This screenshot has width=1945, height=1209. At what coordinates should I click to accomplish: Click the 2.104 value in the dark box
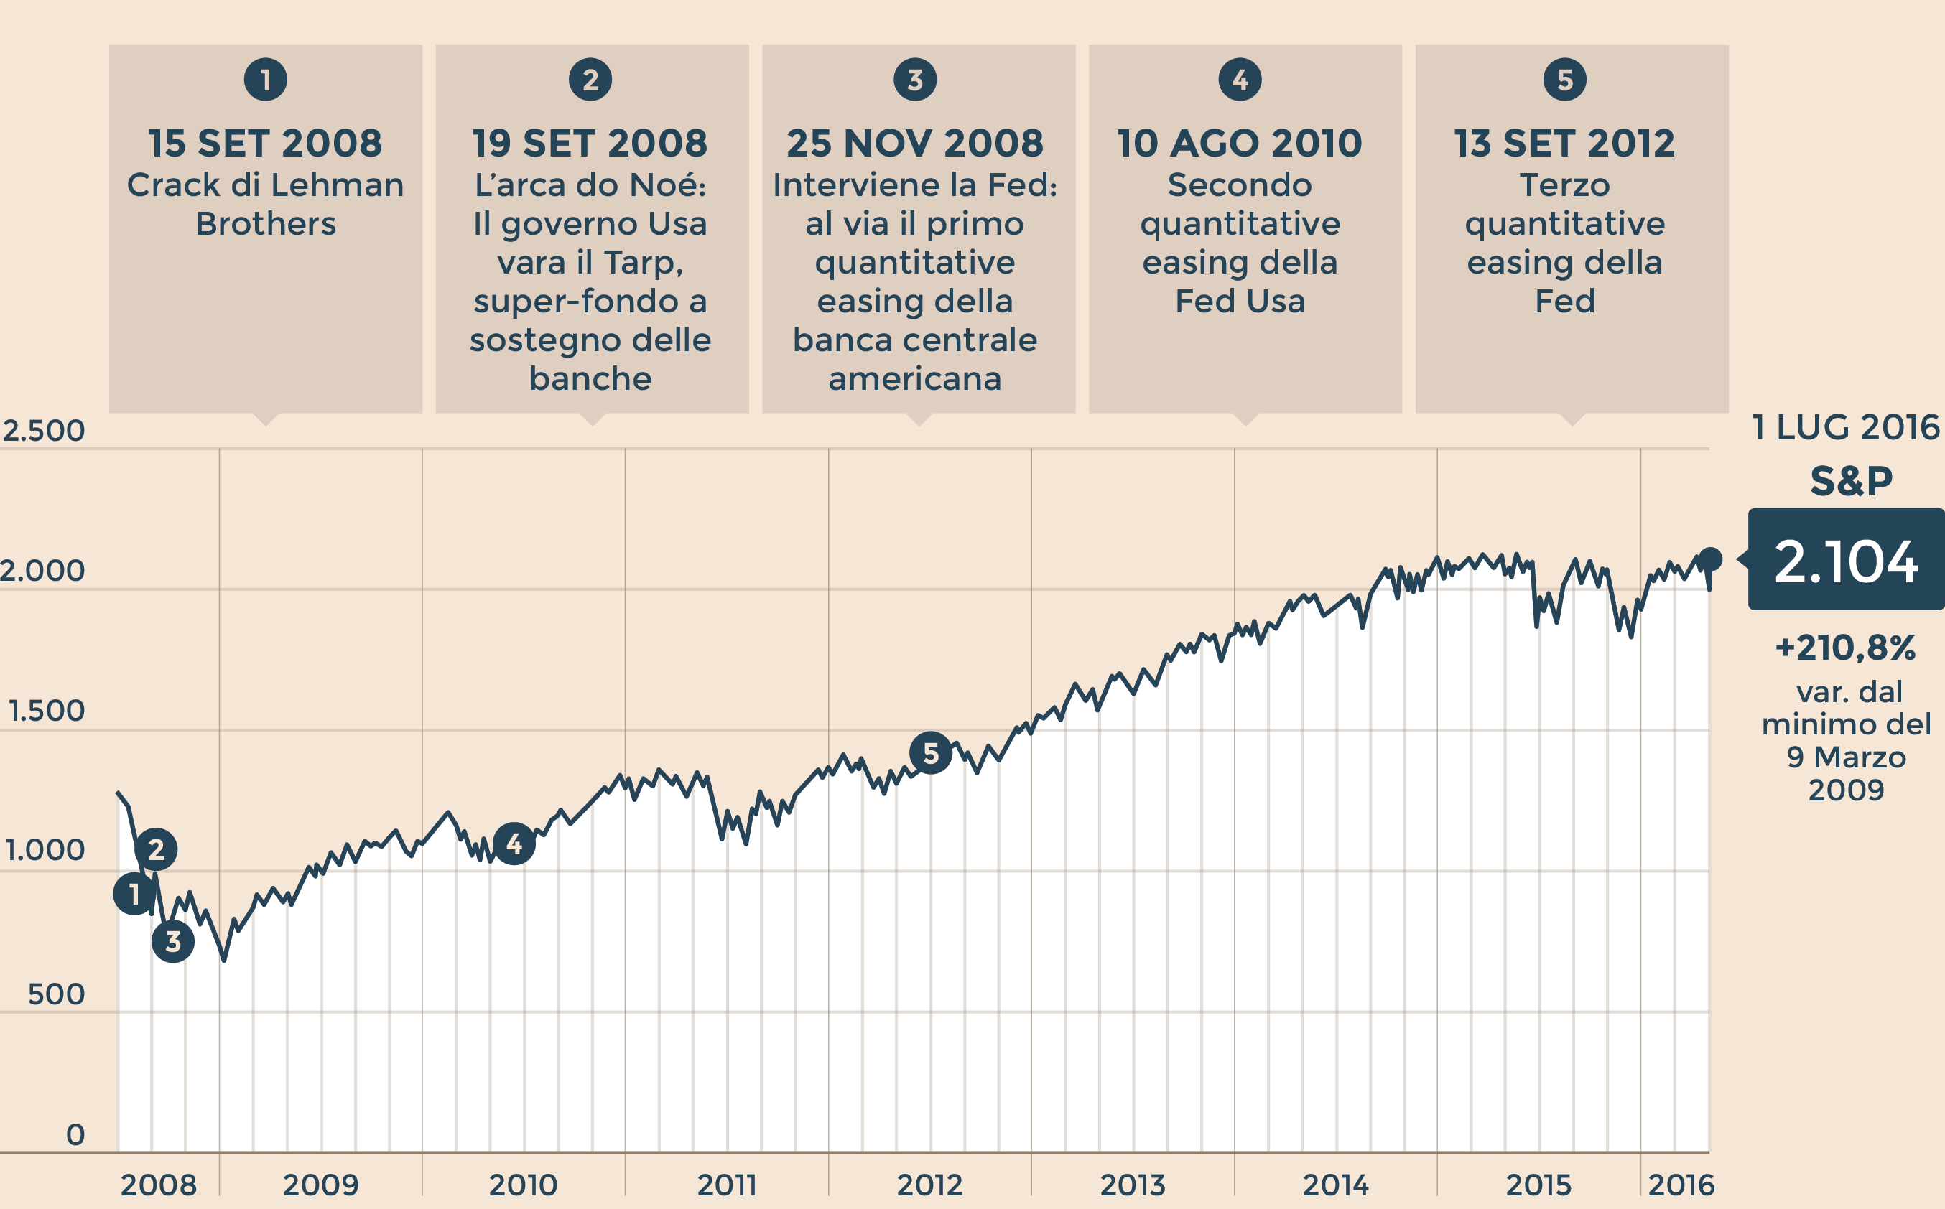tap(1846, 561)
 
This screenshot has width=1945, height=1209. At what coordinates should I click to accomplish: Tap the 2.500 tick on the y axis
tap(43, 431)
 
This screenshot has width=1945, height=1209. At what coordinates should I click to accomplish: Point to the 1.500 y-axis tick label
tap(45, 711)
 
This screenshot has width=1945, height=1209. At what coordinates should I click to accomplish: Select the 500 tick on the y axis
tap(56, 994)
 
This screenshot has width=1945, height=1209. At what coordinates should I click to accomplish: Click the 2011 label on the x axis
tap(727, 1184)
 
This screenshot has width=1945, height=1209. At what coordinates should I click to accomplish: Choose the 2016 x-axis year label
tap(1681, 1184)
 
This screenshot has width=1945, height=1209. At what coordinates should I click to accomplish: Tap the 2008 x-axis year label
tap(158, 1184)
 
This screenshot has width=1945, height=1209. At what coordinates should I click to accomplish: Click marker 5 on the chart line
tap(930, 752)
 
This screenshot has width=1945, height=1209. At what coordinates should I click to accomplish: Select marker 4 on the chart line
tap(514, 844)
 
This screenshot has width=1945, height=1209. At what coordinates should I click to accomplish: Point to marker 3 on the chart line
tap(173, 941)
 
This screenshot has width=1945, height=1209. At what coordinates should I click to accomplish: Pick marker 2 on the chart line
tap(156, 849)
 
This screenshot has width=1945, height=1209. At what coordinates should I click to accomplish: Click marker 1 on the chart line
tap(134, 893)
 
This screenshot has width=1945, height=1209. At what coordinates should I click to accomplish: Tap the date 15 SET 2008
tap(266, 144)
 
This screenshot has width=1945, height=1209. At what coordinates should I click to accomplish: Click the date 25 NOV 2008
tap(915, 144)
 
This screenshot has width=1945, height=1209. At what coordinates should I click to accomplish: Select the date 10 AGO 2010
tap(1240, 144)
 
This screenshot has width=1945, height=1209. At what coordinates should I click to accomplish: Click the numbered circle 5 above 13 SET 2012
tap(1564, 80)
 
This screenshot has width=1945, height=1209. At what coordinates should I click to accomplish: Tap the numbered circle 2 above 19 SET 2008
tap(590, 80)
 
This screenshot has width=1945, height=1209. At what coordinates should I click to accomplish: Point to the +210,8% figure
tap(1845, 648)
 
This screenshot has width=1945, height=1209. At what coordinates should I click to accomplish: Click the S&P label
tap(1851, 481)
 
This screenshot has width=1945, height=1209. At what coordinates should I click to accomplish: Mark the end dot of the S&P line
tap(1711, 559)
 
